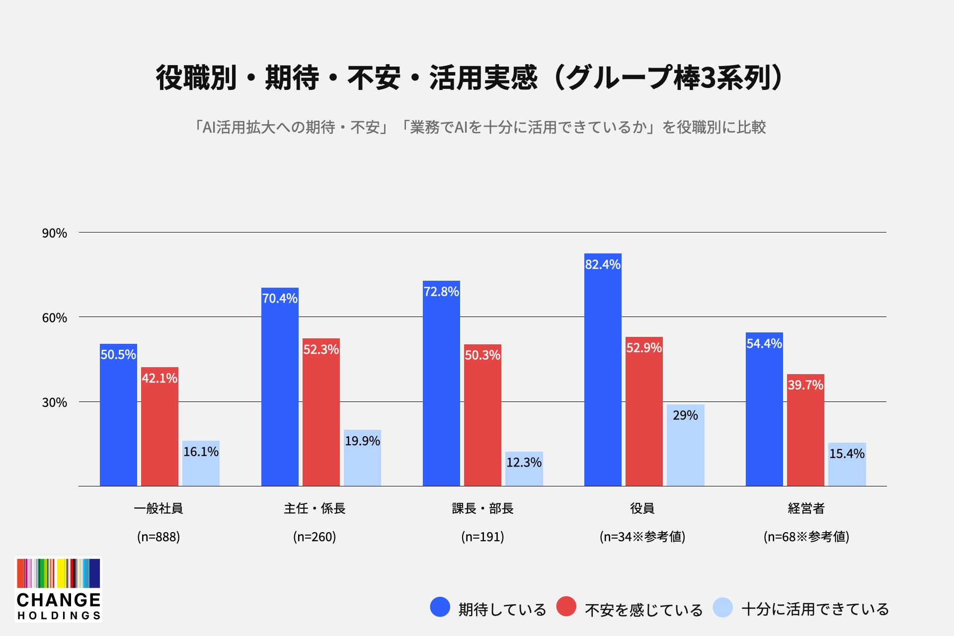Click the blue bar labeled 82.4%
point(603,370)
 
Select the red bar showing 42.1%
point(159,426)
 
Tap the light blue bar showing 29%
point(685,445)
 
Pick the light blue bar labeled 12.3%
point(524,469)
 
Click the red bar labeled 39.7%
point(805,430)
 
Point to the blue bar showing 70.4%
point(280,387)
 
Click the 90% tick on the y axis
point(54,233)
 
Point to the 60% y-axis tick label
point(54,318)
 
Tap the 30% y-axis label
point(54,402)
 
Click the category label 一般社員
point(159,508)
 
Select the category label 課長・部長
point(482,508)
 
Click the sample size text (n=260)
point(315,537)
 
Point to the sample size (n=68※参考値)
point(806,537)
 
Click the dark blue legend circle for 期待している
point(440,607)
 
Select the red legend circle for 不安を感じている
point(566,607)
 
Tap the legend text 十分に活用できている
point(815,609)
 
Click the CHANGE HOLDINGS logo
point(59,590)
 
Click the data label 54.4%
point(764,343)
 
